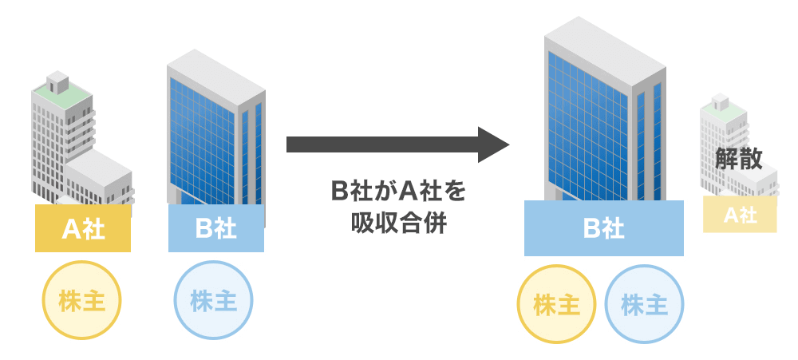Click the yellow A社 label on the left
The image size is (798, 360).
point(83,228)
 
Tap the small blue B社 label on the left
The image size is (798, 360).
point(215,228)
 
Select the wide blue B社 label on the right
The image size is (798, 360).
point(603,228)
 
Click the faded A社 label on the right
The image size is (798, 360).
point(740,215)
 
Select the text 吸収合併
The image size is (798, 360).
point(397,224)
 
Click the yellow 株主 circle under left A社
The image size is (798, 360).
point(82,302)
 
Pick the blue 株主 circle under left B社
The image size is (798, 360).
point(213,302)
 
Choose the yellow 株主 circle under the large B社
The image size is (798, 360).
point(556,304)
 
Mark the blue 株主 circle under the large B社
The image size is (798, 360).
point(644,304)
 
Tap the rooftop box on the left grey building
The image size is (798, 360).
point(57,81)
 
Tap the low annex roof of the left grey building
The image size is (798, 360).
point(100,164)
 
